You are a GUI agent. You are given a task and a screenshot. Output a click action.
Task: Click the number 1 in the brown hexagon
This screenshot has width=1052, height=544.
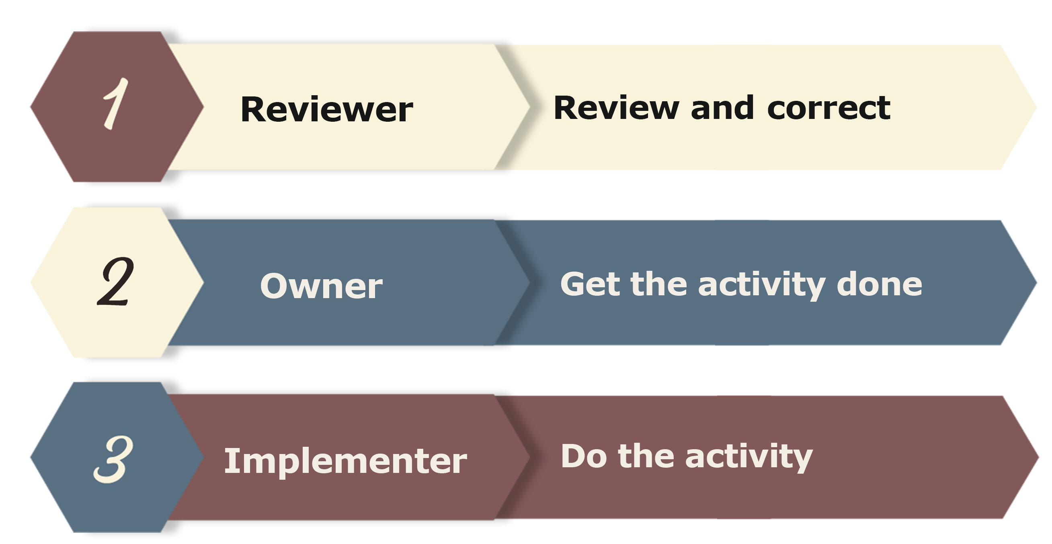[116, 104]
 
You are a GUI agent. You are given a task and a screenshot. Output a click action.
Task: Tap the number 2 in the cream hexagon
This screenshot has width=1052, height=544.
[116, 282]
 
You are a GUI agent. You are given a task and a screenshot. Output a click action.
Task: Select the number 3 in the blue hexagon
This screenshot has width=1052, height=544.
[113, 459]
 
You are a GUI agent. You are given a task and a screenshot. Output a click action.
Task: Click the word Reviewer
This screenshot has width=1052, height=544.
[327, 109]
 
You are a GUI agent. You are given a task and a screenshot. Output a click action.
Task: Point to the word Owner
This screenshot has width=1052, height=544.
[322, 286]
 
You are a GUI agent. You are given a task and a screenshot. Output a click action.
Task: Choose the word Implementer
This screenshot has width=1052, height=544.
[345, 461]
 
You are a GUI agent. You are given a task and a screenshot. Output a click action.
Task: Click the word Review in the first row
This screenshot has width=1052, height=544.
[616, 108]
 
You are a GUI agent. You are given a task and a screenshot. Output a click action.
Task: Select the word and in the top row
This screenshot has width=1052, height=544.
[722, 108]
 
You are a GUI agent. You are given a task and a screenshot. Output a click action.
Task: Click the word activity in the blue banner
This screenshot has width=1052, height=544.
[762, 286]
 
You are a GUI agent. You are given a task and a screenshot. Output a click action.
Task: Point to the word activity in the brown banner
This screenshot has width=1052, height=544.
[749, 458]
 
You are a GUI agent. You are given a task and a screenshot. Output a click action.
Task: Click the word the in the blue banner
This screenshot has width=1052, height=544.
[659, 284]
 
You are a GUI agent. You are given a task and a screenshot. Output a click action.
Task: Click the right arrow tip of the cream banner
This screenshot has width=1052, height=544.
[1036, 108]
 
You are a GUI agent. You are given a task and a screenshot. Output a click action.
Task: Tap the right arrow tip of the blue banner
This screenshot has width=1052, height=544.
[1036, 282]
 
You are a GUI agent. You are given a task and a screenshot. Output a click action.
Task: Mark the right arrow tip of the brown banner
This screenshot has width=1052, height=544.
[1038, 458]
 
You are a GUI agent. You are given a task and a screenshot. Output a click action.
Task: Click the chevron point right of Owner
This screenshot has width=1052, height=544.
[530, 282]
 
